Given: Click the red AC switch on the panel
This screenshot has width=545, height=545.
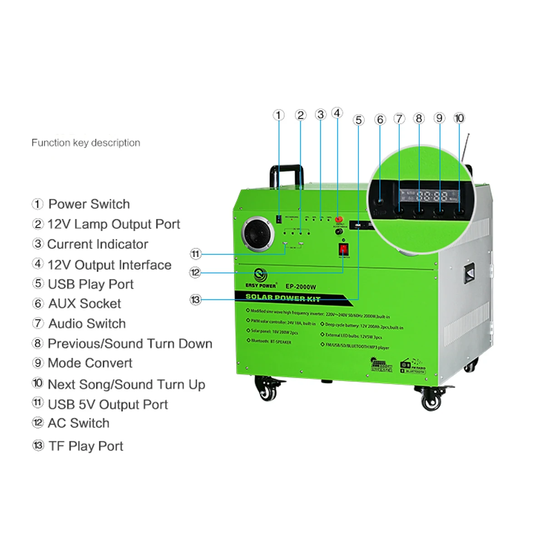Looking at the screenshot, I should pos(343,249).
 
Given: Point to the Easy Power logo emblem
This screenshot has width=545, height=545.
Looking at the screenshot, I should pos(261,275).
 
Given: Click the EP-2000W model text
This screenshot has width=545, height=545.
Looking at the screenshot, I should pos(301,287).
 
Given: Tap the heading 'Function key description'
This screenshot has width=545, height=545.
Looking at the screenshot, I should pos(86,143).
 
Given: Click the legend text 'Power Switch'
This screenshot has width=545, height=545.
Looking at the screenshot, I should pos(89,204).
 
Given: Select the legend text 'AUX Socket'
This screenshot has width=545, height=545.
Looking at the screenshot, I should pos(85,303).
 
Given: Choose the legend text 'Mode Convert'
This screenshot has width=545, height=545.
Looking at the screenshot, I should pos(90,363).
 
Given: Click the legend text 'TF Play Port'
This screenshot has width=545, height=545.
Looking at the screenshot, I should pos(86,446).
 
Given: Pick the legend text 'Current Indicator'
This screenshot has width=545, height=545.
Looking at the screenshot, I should pos(98,244).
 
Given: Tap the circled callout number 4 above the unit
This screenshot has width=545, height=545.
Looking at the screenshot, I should pos(337,113).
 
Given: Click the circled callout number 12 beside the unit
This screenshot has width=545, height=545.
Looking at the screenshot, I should pos(195,272).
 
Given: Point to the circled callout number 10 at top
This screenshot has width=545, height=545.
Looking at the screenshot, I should pos(459,118).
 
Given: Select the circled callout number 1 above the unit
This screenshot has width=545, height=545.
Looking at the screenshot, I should pos(278,115).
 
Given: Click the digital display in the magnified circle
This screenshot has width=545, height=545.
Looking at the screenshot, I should pos(430,196).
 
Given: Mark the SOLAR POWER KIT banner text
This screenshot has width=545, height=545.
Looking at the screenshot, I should pos(283,297).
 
